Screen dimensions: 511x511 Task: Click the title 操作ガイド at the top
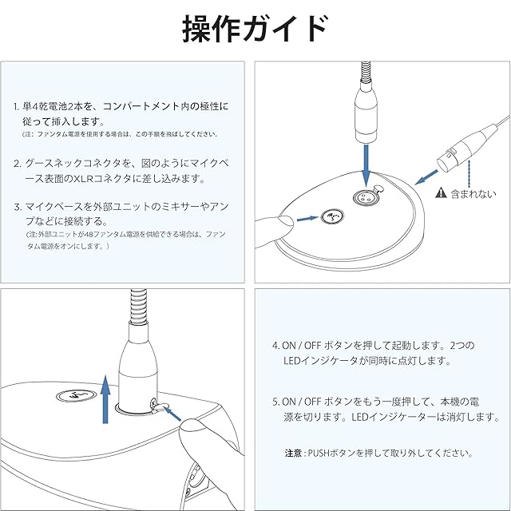(255, 30)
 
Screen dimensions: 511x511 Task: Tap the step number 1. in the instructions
(18, 106)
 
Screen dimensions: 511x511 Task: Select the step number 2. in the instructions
(18, 163)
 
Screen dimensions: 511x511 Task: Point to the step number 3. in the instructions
(18, 206)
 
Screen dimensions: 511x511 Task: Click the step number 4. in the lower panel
(275, 347)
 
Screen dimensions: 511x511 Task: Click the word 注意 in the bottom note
(293, 453)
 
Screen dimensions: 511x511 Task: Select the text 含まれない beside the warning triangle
(473, 193)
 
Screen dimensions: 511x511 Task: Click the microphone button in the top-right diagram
(332, 216)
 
